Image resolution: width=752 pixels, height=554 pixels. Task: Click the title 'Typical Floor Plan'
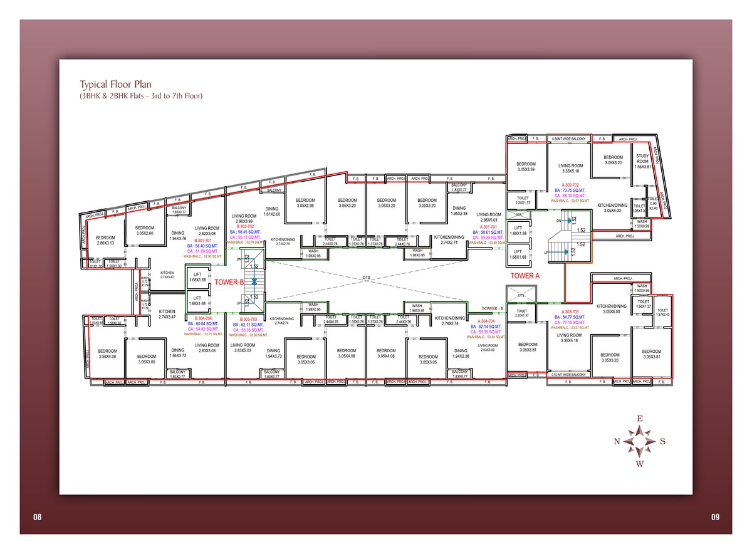[115, 84]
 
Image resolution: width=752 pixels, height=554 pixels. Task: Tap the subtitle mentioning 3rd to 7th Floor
[141, 96]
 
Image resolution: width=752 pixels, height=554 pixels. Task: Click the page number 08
[37, 517]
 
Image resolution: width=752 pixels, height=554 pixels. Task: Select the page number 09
[715, 517]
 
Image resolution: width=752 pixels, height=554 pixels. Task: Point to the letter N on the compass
[617, 441]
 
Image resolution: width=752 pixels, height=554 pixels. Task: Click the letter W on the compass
[640, 464]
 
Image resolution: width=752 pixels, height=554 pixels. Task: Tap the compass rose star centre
[640, 441]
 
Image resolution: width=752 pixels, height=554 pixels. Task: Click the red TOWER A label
[526, 276]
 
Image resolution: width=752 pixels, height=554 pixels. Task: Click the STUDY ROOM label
[642, 159]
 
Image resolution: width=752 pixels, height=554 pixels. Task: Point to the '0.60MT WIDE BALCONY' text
[568, 138]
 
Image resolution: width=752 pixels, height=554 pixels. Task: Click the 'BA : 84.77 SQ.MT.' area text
[570, 317]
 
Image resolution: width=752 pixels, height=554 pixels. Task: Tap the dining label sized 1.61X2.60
[271, 212]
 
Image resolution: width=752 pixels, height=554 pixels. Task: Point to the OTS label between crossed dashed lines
[367, 277]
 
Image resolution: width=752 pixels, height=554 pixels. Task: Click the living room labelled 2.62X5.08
[206, 231]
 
